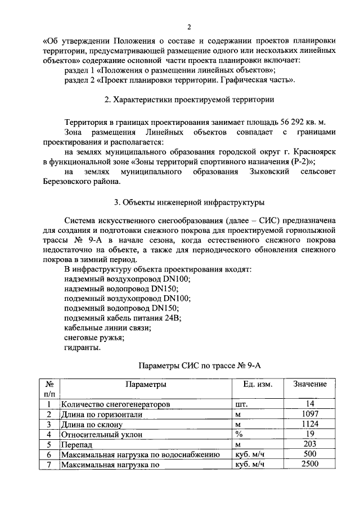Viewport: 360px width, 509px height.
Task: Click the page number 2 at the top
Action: (189, 28)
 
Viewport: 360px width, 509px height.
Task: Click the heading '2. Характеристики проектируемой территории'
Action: (190, 100)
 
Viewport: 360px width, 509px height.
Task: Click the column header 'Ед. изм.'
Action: (258, 384)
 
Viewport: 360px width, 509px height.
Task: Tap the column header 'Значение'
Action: (309, 384)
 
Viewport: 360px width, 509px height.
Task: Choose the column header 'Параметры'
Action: (145, 384)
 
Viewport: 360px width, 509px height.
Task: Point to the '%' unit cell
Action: (238, 434)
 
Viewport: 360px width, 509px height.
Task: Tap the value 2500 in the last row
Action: (309, 465)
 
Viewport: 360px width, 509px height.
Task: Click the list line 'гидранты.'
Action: (83, 348)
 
